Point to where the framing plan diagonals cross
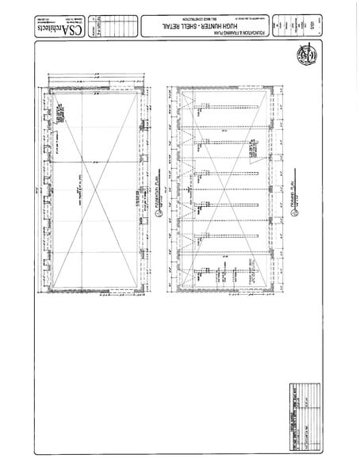(225, 191)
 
